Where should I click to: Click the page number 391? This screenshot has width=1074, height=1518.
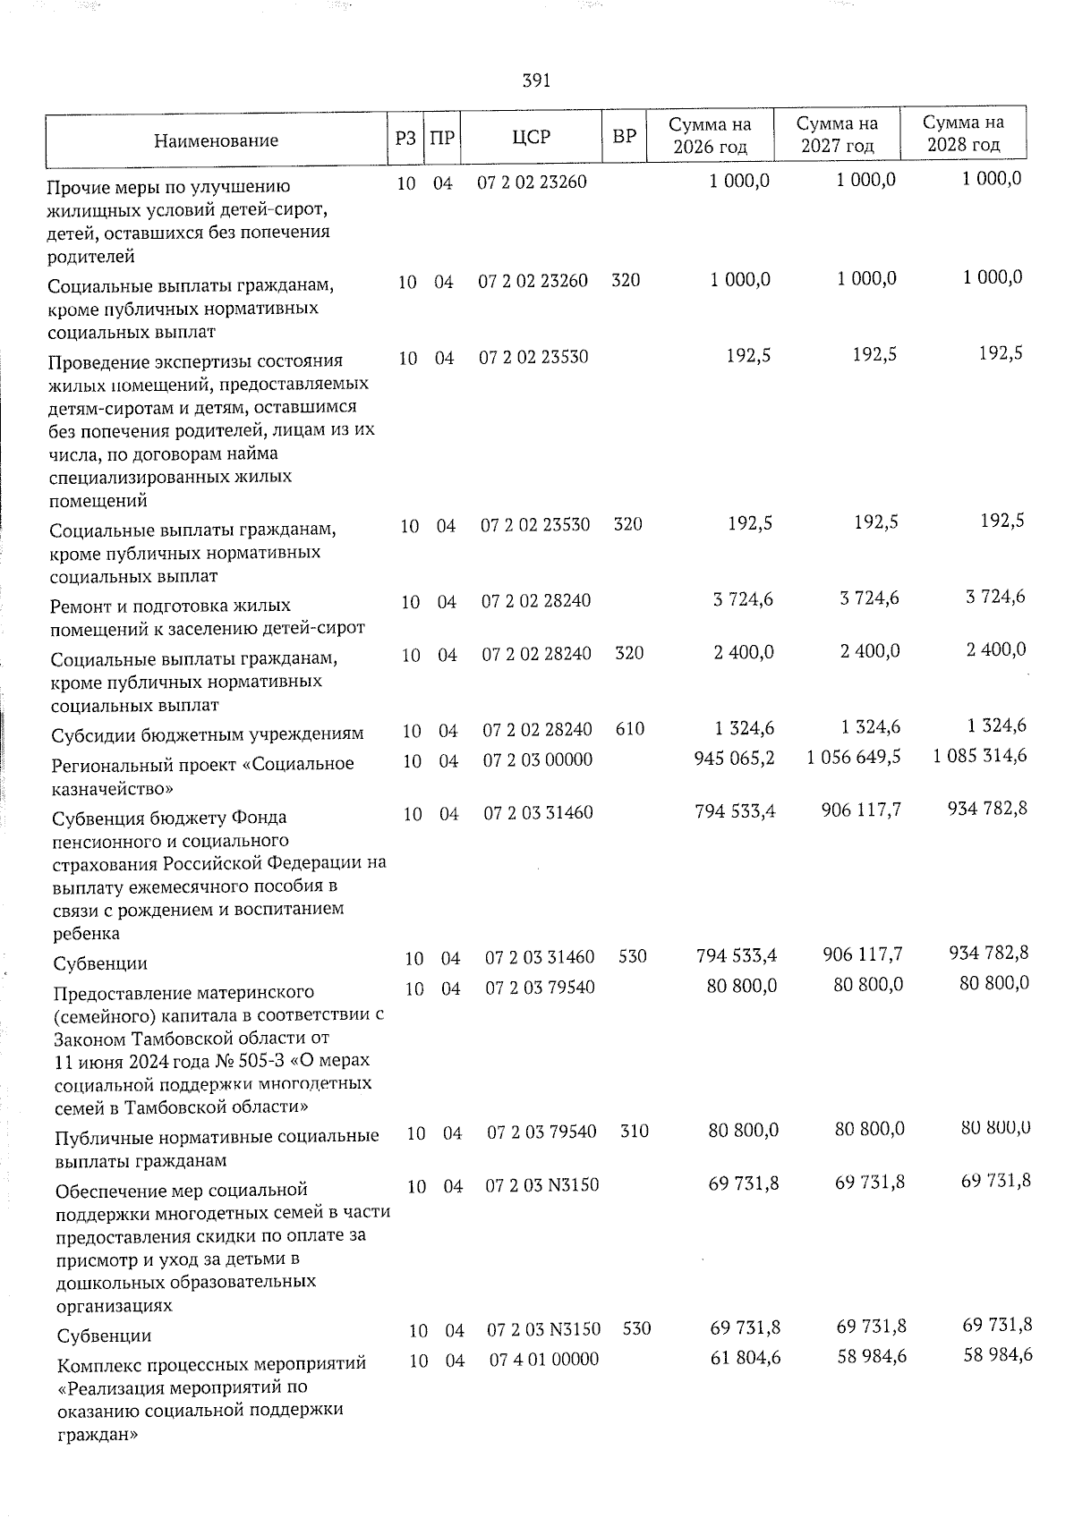click(x=536, y=81)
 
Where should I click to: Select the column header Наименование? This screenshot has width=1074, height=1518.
click(x=216, y=140)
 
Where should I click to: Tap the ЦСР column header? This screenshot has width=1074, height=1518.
click(x=532, y=138)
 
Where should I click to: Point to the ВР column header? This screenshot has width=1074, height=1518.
click(x=624, y=137)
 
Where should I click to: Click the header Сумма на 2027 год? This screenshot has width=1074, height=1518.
click(x=837, y=135)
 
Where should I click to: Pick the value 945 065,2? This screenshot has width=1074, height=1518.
click(x=735, y=759)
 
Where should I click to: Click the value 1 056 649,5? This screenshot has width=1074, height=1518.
click(x=854, y=758)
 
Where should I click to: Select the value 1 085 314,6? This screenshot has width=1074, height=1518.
click(x=980, y=756)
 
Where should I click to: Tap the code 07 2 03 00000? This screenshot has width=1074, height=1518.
click(x=538, y=760)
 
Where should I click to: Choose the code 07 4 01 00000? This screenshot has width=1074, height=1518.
click(x=544, y=1360)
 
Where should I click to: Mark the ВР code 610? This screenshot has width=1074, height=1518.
click(x=630, y=729)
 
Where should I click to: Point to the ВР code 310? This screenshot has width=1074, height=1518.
click(x=635, y=1132)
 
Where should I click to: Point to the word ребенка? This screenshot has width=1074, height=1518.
click(x=87, y=934)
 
